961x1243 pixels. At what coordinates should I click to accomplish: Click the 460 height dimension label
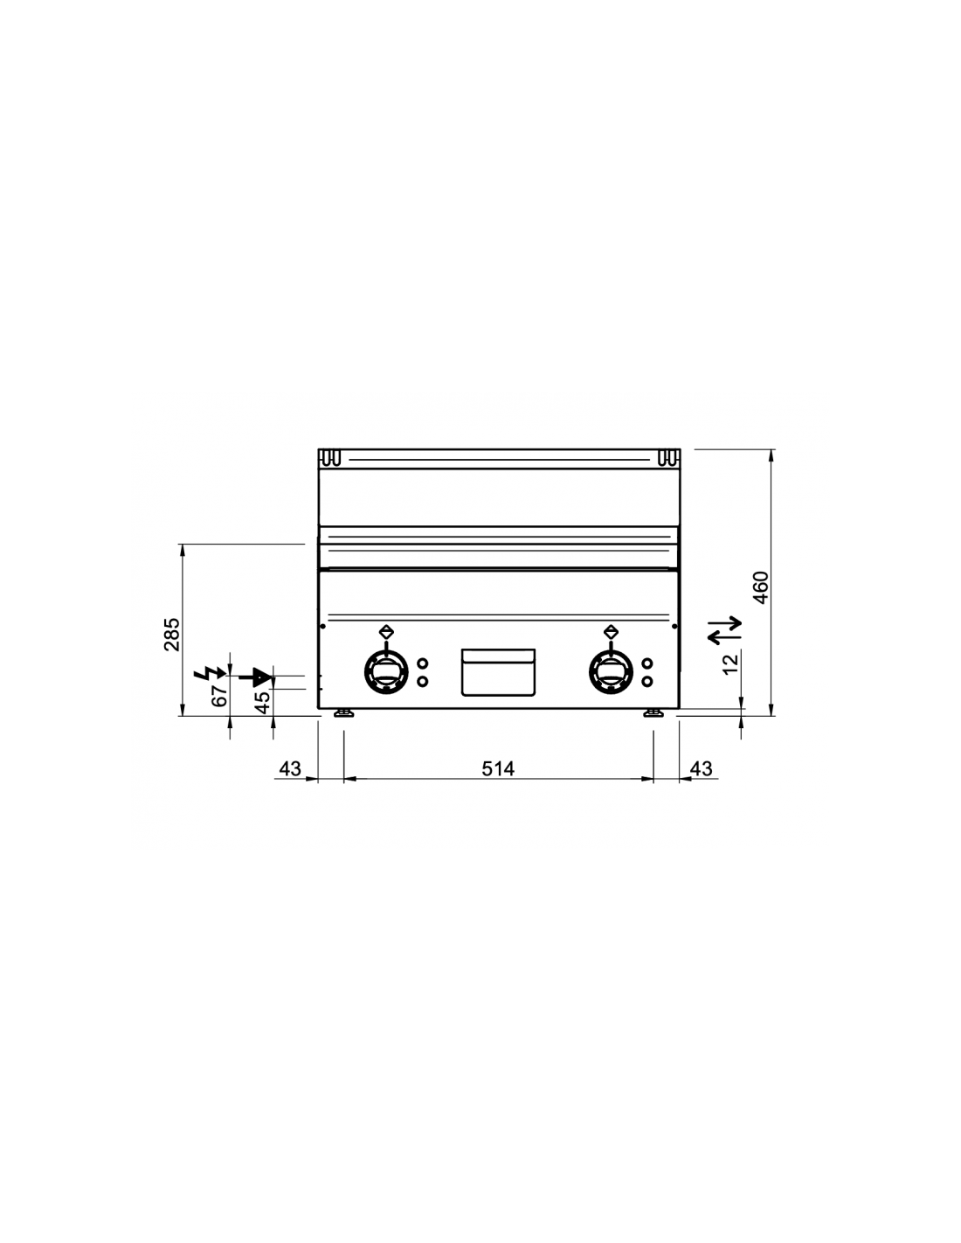760,587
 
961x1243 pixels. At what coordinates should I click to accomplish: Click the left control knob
386,671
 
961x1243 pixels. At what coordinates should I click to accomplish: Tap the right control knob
612,671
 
